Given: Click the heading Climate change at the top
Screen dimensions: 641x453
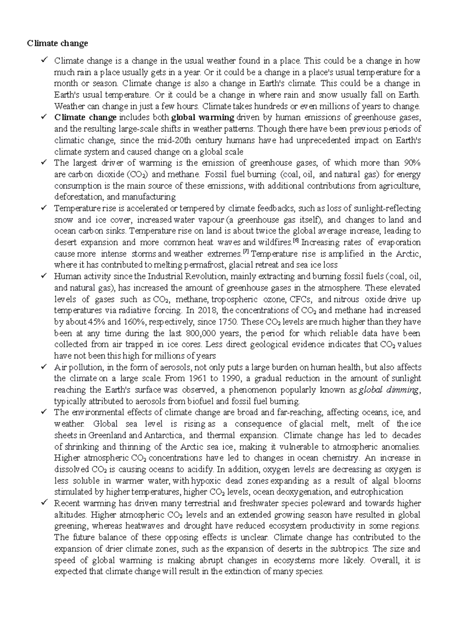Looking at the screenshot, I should (x=57, y=43).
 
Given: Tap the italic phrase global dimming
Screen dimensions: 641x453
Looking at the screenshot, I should (x=388, y=390).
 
